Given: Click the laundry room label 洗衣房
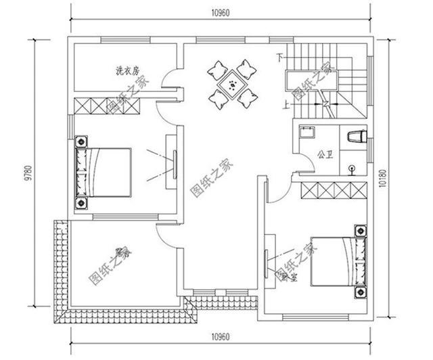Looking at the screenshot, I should (x=127, y=70).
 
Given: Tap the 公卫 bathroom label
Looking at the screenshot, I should (x=325, y=154).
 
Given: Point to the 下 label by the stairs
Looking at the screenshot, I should (x=279, y=58).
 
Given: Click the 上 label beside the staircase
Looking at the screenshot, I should (x=286, y=105).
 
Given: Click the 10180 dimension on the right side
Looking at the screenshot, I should (x=384, y=177).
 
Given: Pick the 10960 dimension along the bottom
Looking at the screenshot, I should (x=221, y=336).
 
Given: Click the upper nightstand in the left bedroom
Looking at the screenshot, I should (x=82, y=141).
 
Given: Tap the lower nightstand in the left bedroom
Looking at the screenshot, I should (x=82, y=202).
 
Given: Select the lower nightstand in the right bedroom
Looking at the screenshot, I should (x=360, y=292).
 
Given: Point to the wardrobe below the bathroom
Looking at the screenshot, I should (x=333, y=190).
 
